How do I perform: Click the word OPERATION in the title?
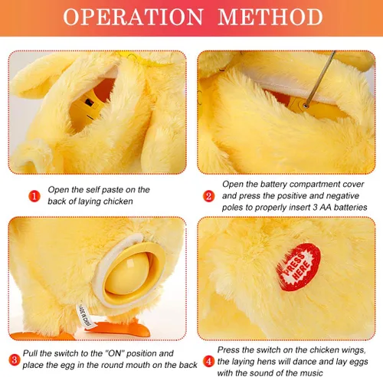coord(133,17)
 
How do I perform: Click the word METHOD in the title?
coord(270,17)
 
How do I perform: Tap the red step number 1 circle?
coord(34,196)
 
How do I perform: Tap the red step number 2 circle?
coord(208,196)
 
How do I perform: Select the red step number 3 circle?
coord(15,360)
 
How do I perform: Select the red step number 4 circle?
coord(208,362)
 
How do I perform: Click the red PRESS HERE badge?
coord(299,267)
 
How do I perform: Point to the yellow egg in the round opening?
coord(127,274)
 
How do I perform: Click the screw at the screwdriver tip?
coord(306,105)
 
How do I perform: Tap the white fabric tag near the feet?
coord(85,316)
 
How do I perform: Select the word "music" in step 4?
coord(311,372)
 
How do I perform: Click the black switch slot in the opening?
coord(90,103)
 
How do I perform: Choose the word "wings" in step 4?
coord(353,350)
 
